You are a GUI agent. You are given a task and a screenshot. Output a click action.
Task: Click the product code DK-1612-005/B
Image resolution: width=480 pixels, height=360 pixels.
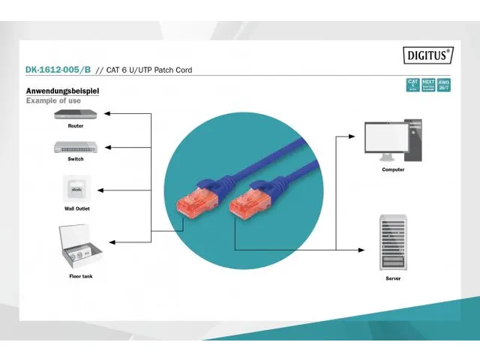pos(58,70)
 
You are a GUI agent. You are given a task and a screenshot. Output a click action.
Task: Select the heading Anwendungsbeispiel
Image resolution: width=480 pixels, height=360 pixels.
pos(63,91)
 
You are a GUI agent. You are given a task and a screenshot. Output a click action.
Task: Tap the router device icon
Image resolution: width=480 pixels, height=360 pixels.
pos(75,115)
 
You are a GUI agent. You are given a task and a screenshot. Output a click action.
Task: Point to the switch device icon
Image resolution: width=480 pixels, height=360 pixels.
pos(75,147)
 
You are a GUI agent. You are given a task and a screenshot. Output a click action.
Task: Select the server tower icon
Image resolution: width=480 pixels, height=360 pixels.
pos(392,243)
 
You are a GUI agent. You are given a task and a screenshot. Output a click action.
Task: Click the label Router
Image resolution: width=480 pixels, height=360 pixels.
pos(76,126)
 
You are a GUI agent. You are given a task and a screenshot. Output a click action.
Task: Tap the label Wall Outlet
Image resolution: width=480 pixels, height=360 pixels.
pos(76,208)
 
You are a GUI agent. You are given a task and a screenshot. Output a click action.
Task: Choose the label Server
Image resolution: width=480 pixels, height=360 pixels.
pos(393,278)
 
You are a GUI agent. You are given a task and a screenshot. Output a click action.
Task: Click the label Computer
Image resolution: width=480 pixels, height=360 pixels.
pos(393,169)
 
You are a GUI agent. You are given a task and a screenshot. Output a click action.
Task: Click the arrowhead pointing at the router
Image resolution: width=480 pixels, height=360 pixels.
pos(106,114)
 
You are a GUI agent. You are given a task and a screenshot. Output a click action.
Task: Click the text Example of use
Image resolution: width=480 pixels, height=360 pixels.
pos(53,100)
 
